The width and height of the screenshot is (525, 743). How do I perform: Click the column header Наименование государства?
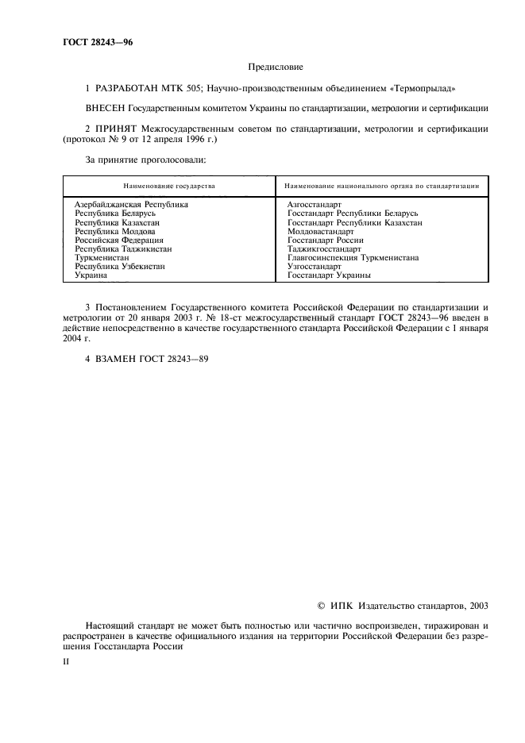pos(168,186)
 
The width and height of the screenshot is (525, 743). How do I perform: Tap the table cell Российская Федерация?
pos(119,240)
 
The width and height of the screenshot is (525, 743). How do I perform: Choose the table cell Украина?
pos(91,275)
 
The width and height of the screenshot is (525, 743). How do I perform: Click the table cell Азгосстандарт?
pos(314,205)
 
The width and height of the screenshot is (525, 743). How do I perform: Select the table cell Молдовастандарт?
pos(320,231)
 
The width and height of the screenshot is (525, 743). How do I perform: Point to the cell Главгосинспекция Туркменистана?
pos(353,258)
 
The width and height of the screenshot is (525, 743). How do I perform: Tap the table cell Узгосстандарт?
pos(314,267)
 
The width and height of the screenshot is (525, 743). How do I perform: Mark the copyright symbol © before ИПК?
pos(321,605)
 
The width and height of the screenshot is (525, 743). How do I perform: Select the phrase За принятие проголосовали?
pos(145,160)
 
